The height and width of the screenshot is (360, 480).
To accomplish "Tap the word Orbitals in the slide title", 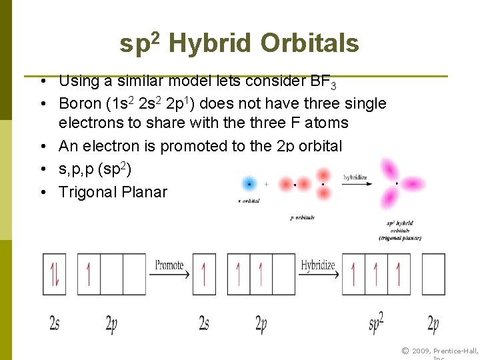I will click(x=309, y=44).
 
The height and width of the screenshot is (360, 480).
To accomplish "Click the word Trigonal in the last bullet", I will click(x=88, y=192).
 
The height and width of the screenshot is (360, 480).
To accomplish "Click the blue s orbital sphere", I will click(x=249, y=183).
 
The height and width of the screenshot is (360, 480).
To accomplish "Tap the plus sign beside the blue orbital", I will click(x=266, y=183).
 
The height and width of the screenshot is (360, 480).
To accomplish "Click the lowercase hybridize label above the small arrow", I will click(x=355, y=177).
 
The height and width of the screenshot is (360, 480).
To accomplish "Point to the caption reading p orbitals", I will click(x=302, y=218).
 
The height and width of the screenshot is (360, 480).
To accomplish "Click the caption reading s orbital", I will click(x=248, y=201).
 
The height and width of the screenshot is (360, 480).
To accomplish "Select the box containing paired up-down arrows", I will click(x=54, y=274).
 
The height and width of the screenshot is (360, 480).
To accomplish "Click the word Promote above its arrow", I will click(x=169, y=265).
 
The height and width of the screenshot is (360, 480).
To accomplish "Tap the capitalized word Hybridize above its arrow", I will click(x=318, y=265).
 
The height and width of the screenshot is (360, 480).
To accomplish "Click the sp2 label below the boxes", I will click(x=376, y=323).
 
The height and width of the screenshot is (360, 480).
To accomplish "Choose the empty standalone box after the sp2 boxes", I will click(x=433, y=274).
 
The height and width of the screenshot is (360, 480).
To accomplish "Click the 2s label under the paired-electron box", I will click(x=54, y=323).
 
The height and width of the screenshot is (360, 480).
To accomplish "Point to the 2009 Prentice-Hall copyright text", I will click(x=439, y=351).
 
